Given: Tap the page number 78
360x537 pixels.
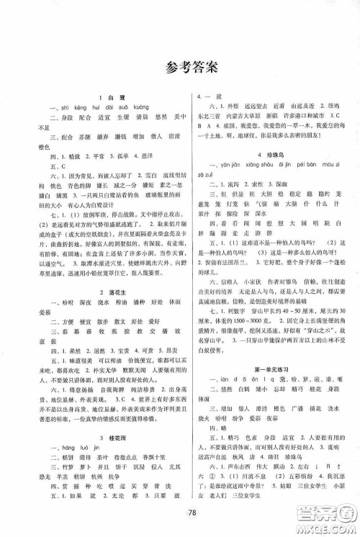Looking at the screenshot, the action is click(180, 510).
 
